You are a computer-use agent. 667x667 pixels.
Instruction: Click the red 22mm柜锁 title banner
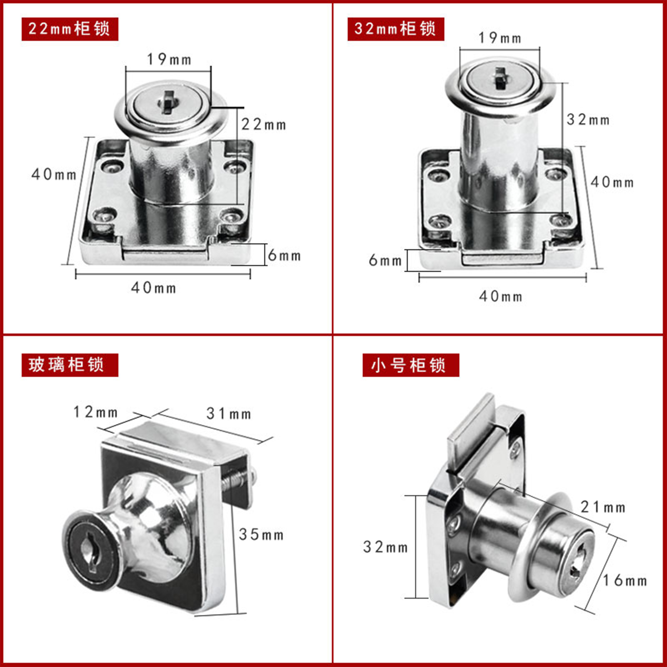click(x=70, y=29)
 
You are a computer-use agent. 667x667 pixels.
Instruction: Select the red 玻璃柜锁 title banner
click(x=70, y=365)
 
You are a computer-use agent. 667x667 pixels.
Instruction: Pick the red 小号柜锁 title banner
click(x=410, y=365)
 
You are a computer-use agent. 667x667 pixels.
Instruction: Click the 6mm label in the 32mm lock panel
click(x=385, y=261)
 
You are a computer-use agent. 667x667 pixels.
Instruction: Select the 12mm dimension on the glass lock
click(x=96, y=412)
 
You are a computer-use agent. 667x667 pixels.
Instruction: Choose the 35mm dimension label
click(x=261, y=535)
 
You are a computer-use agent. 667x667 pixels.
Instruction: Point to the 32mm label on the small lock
click(x=385, y=547)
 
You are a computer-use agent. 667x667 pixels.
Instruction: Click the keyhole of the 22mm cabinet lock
click(x=168, y=102)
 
